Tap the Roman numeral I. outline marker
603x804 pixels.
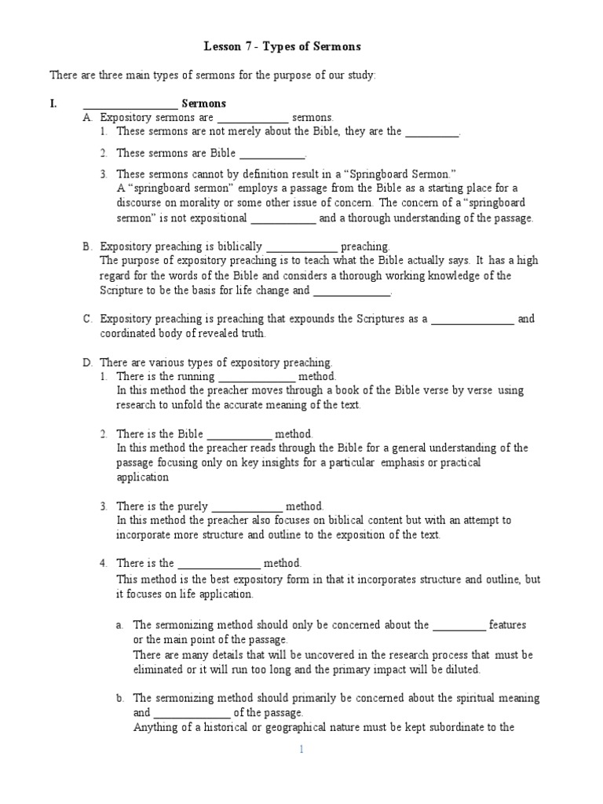point(53,104)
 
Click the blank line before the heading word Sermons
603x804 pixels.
point(130,105)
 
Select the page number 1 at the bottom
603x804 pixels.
point(301,750)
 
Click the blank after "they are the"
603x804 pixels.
point(431,133)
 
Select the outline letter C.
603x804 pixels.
point(88,319)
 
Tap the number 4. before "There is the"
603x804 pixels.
point(104,563)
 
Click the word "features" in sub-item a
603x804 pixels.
point(507,625)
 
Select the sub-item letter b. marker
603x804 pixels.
point(120,698)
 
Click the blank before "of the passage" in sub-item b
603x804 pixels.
point(192,714)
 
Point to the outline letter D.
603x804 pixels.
point(88,363)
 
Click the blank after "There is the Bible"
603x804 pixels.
point(239,436)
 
